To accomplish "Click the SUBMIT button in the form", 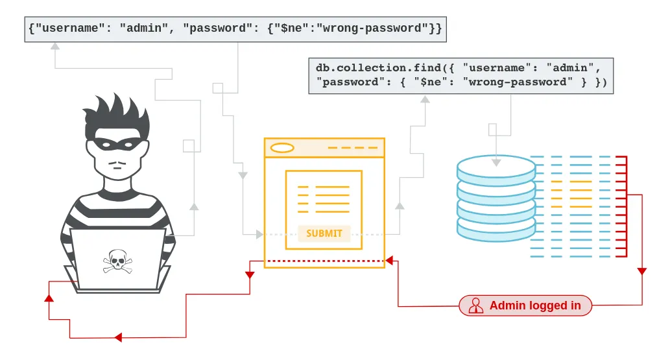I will tap(324, 234).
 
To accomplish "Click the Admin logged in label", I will tap(534, 306).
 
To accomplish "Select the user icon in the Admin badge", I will tap(476, 306).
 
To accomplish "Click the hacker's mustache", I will tap(116, 162).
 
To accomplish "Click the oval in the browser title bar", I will tap(282, 148).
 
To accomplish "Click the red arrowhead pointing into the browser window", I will tap(389, 261).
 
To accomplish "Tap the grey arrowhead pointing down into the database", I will tap(496, 162).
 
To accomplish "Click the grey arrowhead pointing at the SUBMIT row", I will tap(260, 234).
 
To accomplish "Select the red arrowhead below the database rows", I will tap(641, 271).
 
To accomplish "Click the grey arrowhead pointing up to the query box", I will tap(425, 99).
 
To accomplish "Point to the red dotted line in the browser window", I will tap(324, 261).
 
